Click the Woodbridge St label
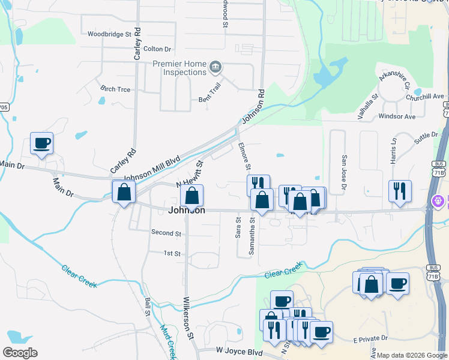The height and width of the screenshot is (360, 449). point(109,35)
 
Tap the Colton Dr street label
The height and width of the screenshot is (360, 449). point(157,49)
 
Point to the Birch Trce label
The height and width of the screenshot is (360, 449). point(115,89)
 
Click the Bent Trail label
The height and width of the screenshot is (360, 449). point(211,100)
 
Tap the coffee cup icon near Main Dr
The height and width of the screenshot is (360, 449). point(42,143)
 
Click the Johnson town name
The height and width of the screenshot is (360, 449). point(187,211)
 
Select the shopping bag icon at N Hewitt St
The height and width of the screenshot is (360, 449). point(192,196)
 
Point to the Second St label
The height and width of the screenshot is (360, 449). point(166,233)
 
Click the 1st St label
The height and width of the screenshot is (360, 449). point(172,254)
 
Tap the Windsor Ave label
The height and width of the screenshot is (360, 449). point(397,116)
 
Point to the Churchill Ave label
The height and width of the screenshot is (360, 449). point(424,97)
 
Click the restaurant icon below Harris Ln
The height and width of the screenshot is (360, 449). point(400,191)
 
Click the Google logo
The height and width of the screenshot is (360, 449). point(20,353)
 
